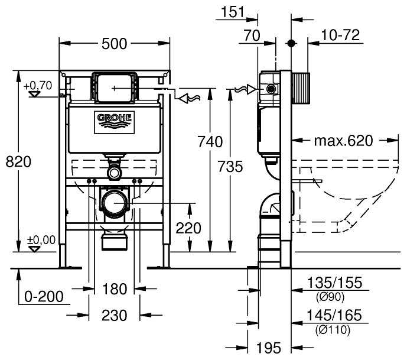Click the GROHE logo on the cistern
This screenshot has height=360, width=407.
coord(114,122)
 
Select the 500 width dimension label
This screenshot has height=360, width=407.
coord(114,44)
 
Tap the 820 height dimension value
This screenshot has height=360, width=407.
coord(18,161)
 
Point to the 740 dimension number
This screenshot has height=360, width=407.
coord(210,142)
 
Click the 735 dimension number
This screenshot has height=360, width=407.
coord(230,167)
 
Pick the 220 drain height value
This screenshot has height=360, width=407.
coord(188,228)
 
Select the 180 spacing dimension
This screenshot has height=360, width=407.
coord(115,289)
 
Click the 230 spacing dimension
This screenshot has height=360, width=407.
coord(114,315)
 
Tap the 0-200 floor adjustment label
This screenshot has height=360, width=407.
coord(44,297)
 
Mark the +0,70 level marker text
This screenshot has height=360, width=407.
coord(38,86)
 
